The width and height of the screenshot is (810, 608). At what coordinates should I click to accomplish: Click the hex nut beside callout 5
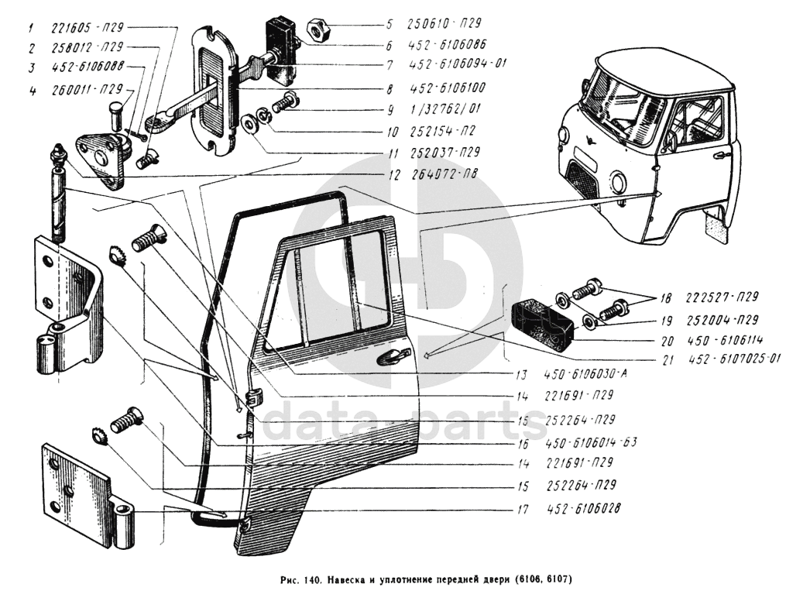(317, 32)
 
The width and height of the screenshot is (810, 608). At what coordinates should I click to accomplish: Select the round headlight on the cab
(618, 182)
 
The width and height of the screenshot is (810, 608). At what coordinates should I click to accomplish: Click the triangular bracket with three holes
(101, 158)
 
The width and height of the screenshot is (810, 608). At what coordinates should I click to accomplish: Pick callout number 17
(524, 510)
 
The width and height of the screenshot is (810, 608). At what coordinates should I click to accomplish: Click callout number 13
(524, 375)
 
